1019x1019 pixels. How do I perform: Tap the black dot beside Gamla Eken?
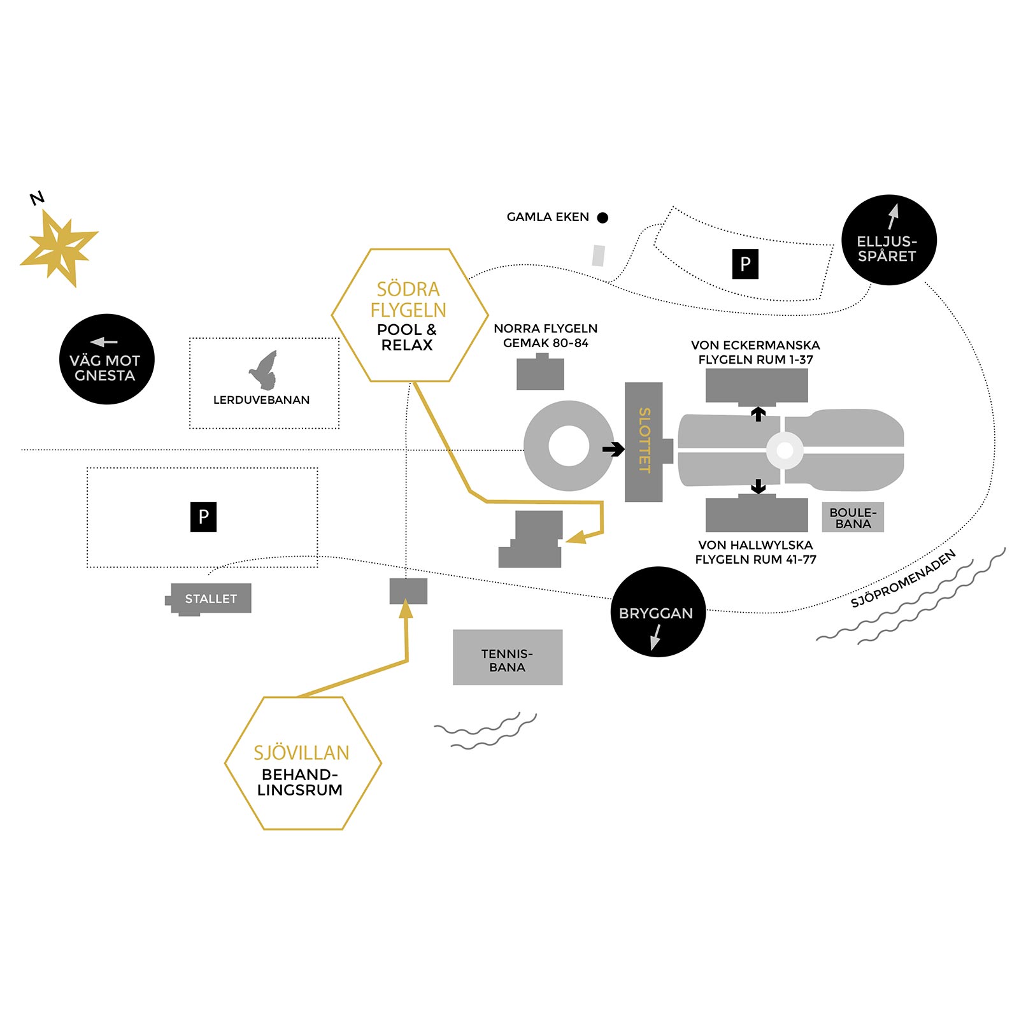click(602, 218)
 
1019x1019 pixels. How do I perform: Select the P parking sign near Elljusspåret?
click(745, 264)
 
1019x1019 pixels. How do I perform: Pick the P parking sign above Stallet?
click(203, 517)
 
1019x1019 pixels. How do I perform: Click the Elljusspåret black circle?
click(889, 240)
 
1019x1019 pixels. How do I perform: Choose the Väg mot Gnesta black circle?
click(107, 359)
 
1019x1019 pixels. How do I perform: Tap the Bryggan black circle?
click(658, 612)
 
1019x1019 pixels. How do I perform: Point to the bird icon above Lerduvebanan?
click(264, 370)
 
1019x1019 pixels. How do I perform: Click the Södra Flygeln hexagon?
click(410, 315)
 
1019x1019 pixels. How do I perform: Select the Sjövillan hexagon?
click(303, 763)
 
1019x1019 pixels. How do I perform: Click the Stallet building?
click(211, 599)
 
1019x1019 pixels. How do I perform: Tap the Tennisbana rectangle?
click(508, 657)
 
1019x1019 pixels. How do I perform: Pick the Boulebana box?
click(853, 518)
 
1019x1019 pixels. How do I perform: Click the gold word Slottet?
click(644, 441)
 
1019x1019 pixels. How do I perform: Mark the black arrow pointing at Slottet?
click(613, 450)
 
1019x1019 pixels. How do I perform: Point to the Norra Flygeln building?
click(540, 374)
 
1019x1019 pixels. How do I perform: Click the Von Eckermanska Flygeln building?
click(757, 386)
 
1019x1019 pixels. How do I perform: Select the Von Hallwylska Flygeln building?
click(757, 515)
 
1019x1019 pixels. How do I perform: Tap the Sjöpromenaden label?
click(903, 578)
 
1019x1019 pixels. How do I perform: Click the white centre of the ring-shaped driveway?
click(569, 446)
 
